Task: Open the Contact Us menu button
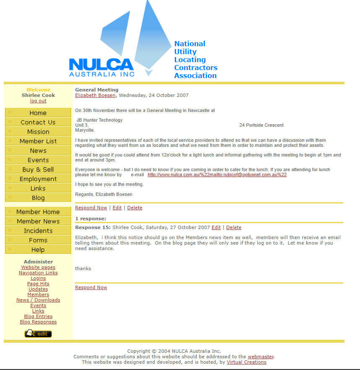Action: [x=38, y=122]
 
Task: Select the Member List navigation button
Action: [x=38, y=141]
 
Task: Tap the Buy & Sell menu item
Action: [x=38, y=169]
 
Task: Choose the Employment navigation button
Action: [x=38, y=179]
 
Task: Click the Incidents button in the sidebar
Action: [x=38, y=231]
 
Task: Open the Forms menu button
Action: [x=38, y=240]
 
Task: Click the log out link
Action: [x=38, y=101]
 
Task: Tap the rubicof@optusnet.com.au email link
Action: [x=217, y=175]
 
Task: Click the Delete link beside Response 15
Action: [x=234, y=227]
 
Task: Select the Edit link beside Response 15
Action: [x=216, y=227]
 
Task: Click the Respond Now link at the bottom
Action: [x=91, y=287]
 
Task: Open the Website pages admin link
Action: [x=38, y=267]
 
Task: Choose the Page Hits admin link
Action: [x=38, y=284]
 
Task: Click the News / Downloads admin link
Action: [x=38, y=300]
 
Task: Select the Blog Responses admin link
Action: [x=38, y=322]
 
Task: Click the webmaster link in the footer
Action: [x=261, y=357]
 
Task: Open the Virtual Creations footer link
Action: [x=246, y=362]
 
